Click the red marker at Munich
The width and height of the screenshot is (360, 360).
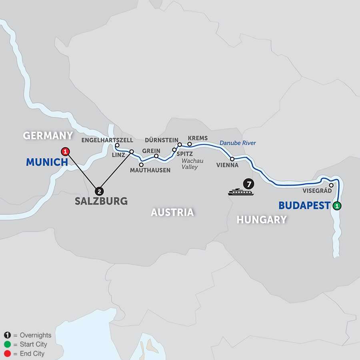65,152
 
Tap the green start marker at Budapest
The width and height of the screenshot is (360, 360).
337,206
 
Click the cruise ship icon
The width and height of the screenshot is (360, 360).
240,192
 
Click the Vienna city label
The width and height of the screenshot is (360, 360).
227,165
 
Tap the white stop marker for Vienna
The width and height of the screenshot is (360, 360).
232,159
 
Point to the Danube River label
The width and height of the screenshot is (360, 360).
238,143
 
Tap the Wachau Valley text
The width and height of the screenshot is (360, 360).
190,164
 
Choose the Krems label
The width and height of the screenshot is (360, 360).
198,138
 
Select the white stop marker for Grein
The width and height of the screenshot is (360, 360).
156,156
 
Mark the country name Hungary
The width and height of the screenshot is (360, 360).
262,219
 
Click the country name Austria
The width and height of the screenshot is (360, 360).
172,212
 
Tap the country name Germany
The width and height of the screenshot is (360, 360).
48,136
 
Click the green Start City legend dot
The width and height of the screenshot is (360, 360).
7,344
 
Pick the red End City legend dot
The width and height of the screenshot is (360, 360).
7,354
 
